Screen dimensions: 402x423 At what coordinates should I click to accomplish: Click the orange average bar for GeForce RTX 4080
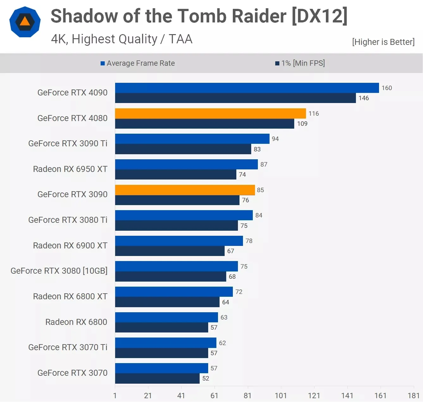pos(210,113)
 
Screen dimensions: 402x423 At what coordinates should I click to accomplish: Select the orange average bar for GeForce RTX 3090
pos(185,190)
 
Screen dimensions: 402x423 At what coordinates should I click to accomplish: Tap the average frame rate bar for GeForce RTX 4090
pos(247,88)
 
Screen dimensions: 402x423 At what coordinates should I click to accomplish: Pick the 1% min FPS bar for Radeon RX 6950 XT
pos(176,174)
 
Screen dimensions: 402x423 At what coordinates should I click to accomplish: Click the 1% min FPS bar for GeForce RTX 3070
pos(157,378)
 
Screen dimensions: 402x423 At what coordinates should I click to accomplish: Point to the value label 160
pos(387,88)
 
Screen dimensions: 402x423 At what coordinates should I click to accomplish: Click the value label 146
pos(364,98)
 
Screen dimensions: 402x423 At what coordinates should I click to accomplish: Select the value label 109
pos(302,124)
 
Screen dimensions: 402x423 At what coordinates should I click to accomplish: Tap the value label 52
pos(206,378)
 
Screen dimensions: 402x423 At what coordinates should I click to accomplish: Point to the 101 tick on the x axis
pos(281,396)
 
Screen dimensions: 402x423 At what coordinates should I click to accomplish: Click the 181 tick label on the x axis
pos(414,396)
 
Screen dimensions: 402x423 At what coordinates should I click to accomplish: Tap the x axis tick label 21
pos(148,396)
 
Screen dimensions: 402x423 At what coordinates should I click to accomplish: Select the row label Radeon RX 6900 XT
pos(70,246)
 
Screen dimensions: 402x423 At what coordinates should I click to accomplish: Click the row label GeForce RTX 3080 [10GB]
pos(59,271)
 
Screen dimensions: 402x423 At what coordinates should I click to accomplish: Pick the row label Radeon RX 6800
pos(76,322)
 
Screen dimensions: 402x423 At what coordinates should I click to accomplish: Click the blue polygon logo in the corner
pos(25,22)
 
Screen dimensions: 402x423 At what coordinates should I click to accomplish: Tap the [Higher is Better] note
pos(383,42)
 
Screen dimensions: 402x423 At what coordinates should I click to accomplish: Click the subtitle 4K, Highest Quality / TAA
pos(122,39)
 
